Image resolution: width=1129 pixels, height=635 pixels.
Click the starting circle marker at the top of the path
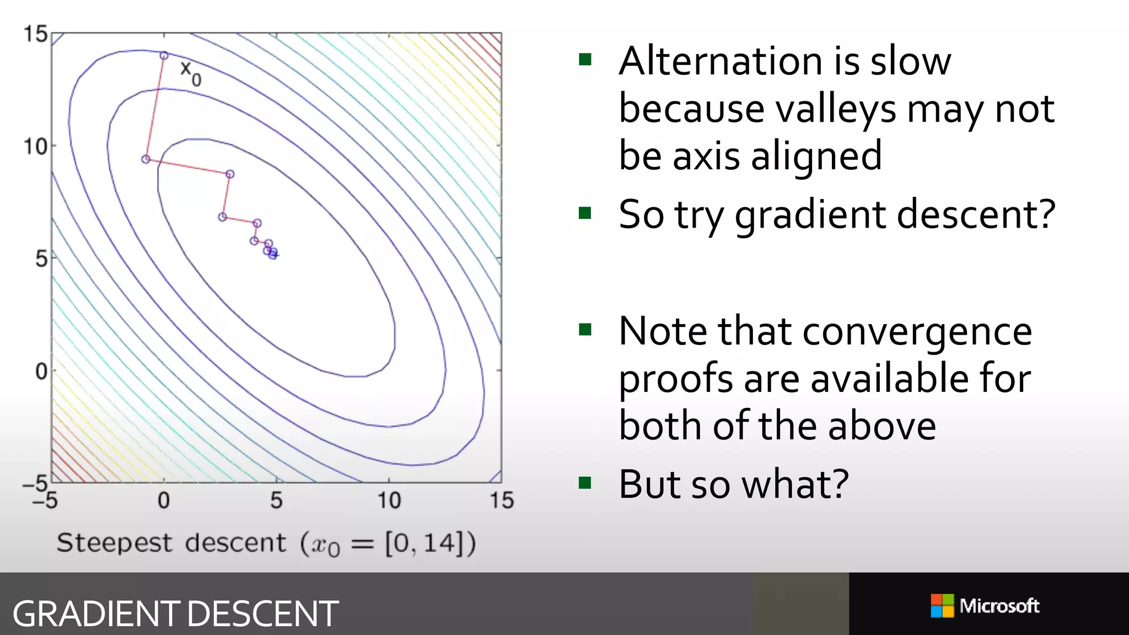click(x=164, y=55)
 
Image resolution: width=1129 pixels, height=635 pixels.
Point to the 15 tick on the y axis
click(x=35, y=34)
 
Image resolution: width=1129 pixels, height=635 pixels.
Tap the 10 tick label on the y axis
click(x=35, y=147)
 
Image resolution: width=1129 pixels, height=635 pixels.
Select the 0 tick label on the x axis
click(x=164, y=501)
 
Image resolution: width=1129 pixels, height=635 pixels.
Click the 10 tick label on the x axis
click(x=389, y=501)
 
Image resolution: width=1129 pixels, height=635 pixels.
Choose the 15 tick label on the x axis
click(x=502, y=501)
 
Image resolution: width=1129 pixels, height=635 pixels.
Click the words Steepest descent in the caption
click(x=171, y=543)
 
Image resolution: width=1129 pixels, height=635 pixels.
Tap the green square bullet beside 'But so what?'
click(x=585, y=483)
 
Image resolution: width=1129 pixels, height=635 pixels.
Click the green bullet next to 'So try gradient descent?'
click(x=585, y=213)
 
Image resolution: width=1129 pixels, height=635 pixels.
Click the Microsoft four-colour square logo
click(x=942, y=606)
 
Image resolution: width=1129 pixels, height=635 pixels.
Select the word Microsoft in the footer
click(x=999, y=606)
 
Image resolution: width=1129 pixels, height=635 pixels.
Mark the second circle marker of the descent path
click(x=146, y=159)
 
